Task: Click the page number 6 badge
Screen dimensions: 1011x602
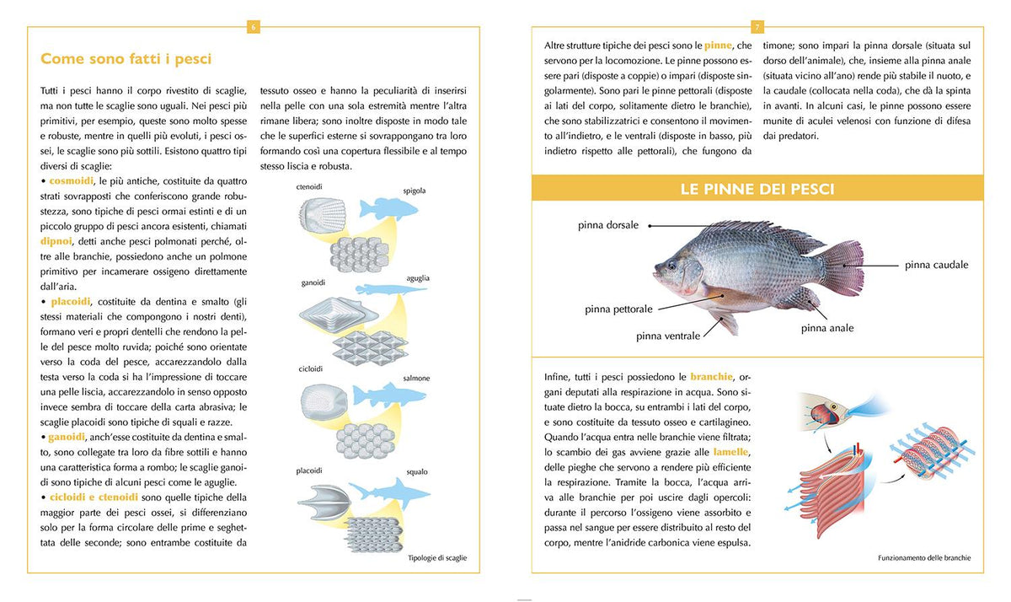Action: pos(254,27)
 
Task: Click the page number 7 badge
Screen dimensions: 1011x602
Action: pos(757,27)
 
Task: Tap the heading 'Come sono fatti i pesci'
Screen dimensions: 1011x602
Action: pos(126,59)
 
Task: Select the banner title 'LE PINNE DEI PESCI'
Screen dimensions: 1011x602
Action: pos(757,189)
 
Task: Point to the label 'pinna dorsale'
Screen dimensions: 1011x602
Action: pos(608,225)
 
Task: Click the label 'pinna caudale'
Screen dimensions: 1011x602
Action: pos(937,265)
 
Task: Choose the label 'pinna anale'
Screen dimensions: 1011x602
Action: pos(827,328)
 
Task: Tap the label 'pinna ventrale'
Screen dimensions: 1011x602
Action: pos(668,336)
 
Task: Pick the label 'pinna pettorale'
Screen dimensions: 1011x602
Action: pos(618,309)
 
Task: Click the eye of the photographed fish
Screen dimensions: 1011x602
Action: pos(672,265)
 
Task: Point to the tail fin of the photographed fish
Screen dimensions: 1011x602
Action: pos(842,268)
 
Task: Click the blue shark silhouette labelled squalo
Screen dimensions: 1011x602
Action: pos(389,493)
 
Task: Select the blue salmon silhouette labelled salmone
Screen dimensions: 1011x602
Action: pos(389,395)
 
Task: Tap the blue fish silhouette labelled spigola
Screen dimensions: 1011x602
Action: pos(388,208)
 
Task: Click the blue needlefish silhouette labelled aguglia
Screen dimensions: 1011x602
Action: pos(391,289)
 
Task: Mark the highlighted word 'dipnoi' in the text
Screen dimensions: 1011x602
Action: pos(56,241)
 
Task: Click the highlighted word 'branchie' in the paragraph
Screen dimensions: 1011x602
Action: pos(711,377)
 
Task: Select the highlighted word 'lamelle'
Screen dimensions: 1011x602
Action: pos(730,452)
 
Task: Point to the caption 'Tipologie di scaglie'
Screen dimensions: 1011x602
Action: pos(437,558)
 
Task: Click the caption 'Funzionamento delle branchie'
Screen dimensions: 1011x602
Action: pos(924,558)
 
